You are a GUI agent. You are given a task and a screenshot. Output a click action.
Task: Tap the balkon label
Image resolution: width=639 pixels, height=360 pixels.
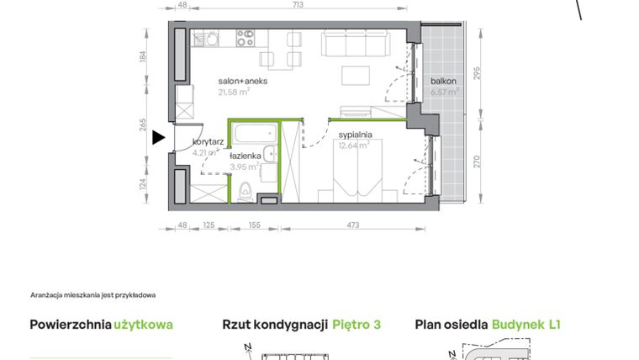click(x=443, y=82)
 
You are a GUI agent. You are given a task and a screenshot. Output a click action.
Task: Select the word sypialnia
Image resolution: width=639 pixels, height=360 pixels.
click(x=356, y=135)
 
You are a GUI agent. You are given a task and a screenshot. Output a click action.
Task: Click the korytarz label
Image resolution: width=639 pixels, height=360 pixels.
click(x=207, y=142)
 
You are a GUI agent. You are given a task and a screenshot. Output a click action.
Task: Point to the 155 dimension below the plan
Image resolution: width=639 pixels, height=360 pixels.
click(x=253, y=225)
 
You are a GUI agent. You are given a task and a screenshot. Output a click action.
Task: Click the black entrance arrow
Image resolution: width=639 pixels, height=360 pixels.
click(x=158, y=138)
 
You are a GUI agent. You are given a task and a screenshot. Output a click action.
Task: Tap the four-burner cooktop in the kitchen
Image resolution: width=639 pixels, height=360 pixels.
click(x=246, y=38)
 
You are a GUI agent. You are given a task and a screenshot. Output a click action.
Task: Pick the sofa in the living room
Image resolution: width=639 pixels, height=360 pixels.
click(x=355, y=43)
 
